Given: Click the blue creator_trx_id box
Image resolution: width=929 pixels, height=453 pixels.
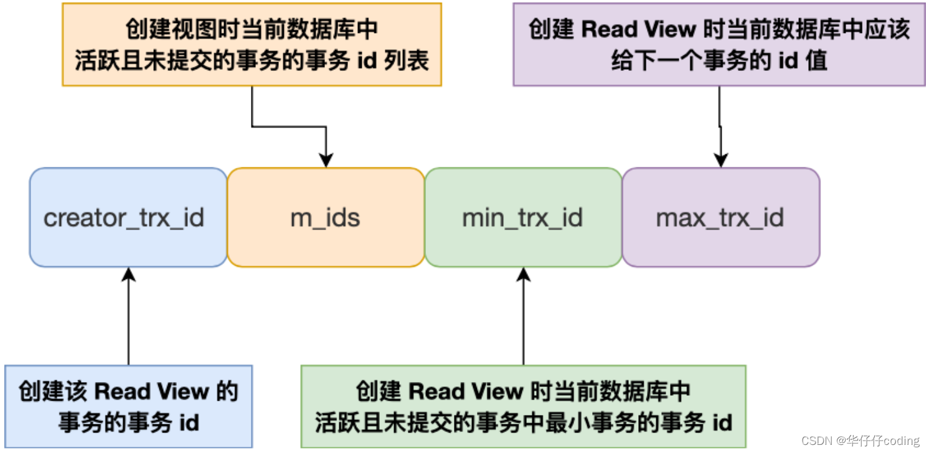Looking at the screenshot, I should click(x=128, y=217).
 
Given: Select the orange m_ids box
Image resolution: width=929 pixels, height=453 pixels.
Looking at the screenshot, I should click(x=325, y=217).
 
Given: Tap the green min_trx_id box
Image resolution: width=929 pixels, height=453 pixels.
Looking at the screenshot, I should click(x=523, y=217).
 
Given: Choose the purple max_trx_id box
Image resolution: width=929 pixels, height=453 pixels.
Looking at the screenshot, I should click(x=720, y=217).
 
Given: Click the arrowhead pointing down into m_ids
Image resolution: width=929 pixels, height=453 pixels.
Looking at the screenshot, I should click(x=326, y=160).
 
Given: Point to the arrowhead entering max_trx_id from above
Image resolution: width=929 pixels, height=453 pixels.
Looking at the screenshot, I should click(x=720, y=160).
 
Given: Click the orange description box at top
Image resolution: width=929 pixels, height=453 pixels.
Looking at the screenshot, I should click(x=252, y=44).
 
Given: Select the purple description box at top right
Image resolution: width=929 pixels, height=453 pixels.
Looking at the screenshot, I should click(x=719, y=44).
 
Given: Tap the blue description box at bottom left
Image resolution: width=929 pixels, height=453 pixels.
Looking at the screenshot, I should click(x=128, y=406).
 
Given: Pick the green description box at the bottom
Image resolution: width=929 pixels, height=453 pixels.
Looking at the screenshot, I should click(x=523, y=406).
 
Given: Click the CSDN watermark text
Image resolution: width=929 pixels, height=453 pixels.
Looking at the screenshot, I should click(x=860, y=441).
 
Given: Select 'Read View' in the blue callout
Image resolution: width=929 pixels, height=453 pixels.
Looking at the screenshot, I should click(x=151, y=391).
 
